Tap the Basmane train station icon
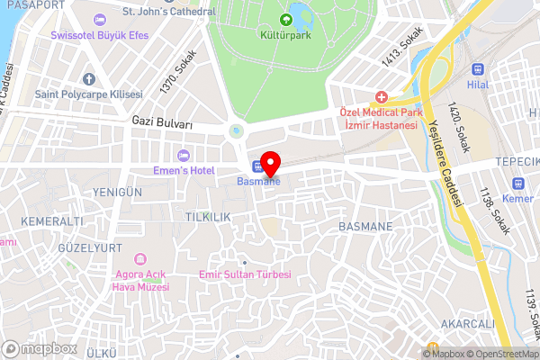click(x=257, y=166)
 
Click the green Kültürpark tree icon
click(x=287, y=19)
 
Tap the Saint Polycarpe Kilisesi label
click(x=89, y=94)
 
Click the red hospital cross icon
click(x=382, y=96)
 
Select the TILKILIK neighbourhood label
click(x=208, y=218)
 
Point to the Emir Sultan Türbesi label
click(x=245, y=274)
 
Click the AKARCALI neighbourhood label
click(x=467, y=324)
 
